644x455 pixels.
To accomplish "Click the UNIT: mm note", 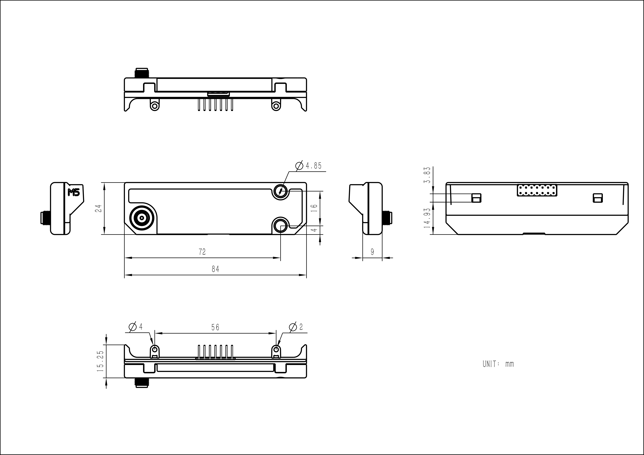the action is click(x=498, y=364).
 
